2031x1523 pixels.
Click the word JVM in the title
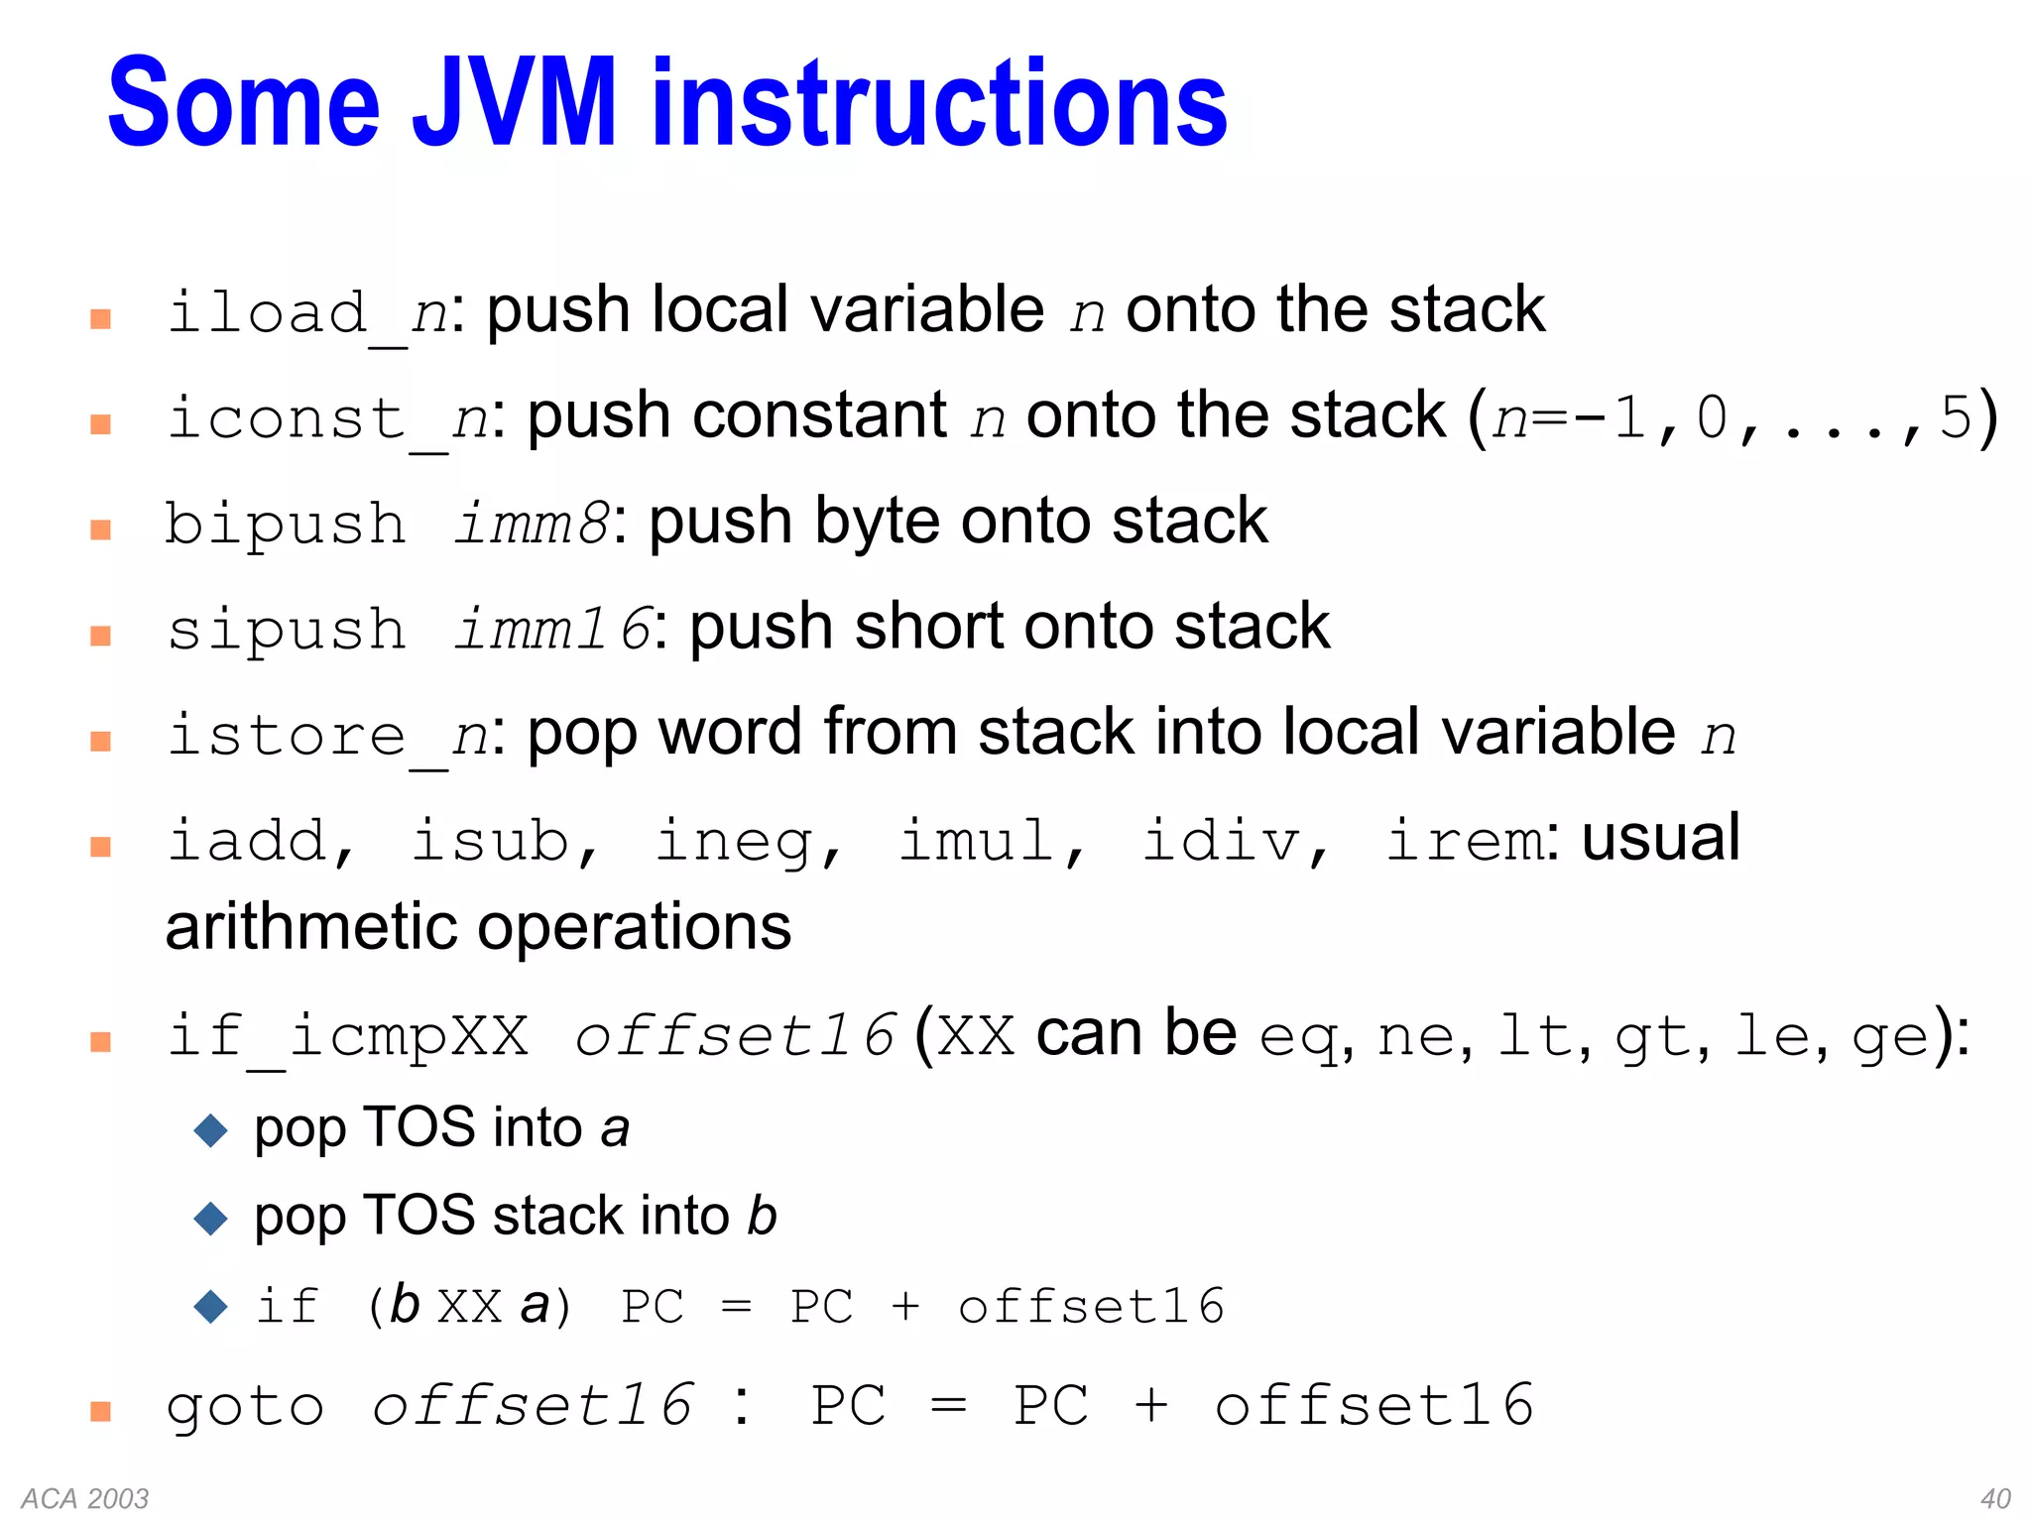coord(515,103)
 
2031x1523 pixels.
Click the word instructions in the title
coord(939,103)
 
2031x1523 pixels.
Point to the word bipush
coord(286,524)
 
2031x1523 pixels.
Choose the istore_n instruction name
coord(327,736)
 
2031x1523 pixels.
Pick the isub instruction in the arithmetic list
coord(492,842)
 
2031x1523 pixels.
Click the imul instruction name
coord(978,842)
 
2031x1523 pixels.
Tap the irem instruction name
coord(1464,842)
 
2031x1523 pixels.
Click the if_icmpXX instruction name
coord(348,1037)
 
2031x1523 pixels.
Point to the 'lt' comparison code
coord(1532,1037)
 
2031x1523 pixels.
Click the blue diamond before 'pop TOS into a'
coord(211,1130)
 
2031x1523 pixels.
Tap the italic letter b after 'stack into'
coord(762,1217)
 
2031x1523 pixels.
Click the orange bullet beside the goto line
coord(100,1411)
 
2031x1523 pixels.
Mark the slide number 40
coord(1995,1498)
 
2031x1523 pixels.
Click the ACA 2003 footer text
coord(85,1498)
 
